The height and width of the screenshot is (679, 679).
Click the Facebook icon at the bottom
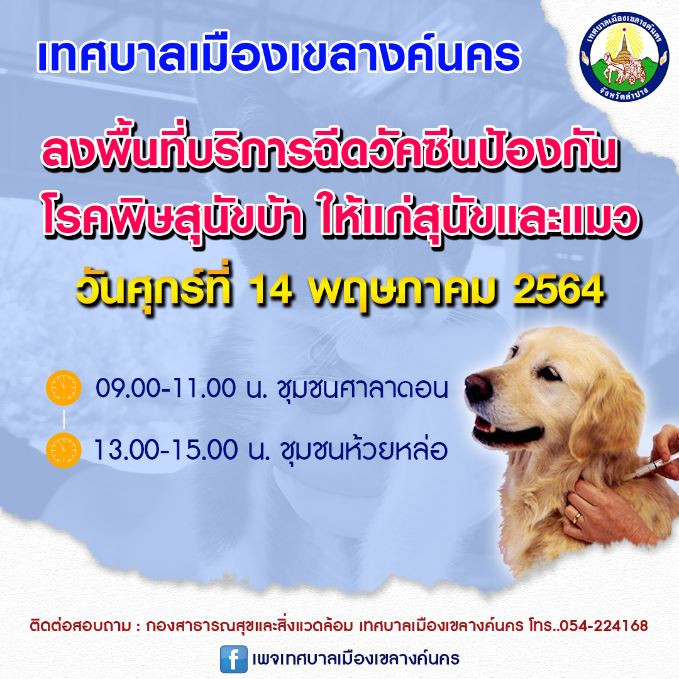(x=233, y=659)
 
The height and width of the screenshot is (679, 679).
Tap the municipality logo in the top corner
(x=624, y=57)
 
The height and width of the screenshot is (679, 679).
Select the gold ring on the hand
(x=577, y=517)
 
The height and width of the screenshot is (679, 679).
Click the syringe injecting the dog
(x=649, y=467)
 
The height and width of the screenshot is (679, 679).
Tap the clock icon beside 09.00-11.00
(x=63, y=387)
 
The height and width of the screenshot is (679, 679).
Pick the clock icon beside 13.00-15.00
(x=63, y=450)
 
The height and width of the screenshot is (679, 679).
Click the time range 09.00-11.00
(x=165, y=388)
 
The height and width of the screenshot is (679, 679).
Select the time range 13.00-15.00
(x=165, y=450)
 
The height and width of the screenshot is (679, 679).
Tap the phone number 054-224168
(x=604, y=626)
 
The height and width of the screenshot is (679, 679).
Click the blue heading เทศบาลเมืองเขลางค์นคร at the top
(x=279, y=57)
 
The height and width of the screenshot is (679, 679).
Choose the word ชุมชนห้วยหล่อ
(x=364, y=450)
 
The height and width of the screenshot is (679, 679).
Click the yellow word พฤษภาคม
(x=402, y=291)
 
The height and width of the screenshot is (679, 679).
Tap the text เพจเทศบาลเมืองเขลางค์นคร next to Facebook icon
(x=355, y=659)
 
